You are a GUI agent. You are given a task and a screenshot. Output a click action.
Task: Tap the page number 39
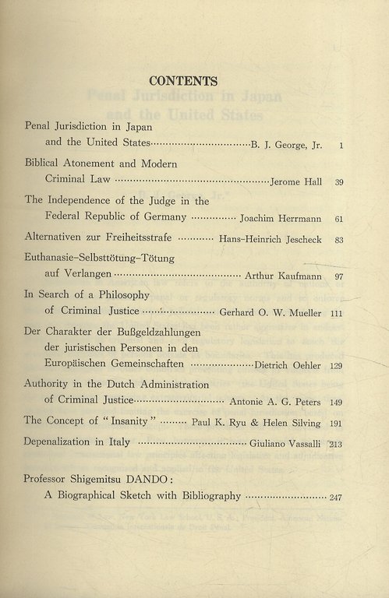(x=339, y=182)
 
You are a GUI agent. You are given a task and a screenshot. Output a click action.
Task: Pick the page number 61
(x=339, y=220)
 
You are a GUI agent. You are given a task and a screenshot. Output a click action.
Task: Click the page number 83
(x=339, y=240)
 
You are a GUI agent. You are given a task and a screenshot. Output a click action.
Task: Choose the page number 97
(x=339, y=277)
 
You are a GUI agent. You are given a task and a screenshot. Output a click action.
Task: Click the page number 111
(x=337, y=313)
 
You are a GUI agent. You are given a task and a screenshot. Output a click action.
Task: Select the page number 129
(x=337, y=365)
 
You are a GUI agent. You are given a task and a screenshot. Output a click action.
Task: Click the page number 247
(x=336, y=497)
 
